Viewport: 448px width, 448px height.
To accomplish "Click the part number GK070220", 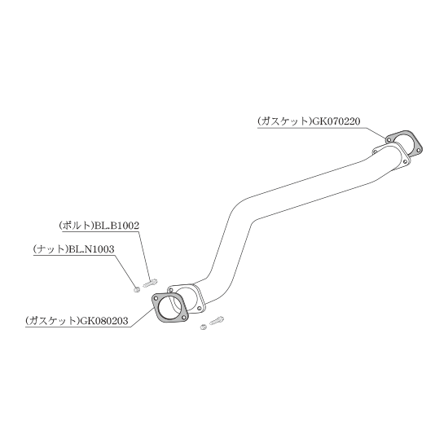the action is click(336, 121).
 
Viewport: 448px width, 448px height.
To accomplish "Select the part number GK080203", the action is click(104, 321).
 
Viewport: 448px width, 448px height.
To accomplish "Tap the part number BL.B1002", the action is click(117, 226).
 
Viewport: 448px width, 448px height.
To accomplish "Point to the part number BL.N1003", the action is click(91, 249).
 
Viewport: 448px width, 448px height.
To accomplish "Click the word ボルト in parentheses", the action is click(77, 226).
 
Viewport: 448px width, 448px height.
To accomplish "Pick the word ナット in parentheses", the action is click(51, 249).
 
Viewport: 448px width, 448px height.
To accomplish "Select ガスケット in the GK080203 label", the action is click(52, 321).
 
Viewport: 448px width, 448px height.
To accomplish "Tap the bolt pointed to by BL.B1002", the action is click(151, 283).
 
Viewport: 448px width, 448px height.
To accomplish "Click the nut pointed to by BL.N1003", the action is click(137, 290).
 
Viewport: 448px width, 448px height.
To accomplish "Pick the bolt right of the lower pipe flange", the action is click(217, 321).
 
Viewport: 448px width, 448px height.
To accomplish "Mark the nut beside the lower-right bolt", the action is click(203, 327).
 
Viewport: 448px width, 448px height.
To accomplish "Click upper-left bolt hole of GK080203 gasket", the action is click(156, 298).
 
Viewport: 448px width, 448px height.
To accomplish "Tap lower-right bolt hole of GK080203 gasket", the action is click(184, 318).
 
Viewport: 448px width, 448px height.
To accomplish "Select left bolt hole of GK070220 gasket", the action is click(389, 139).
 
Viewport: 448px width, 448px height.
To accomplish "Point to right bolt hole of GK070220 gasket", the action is click(418, 150).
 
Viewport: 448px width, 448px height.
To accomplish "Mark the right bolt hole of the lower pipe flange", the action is click(200, 308).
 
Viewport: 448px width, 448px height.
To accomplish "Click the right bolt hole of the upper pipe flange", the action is click(405, 162).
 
